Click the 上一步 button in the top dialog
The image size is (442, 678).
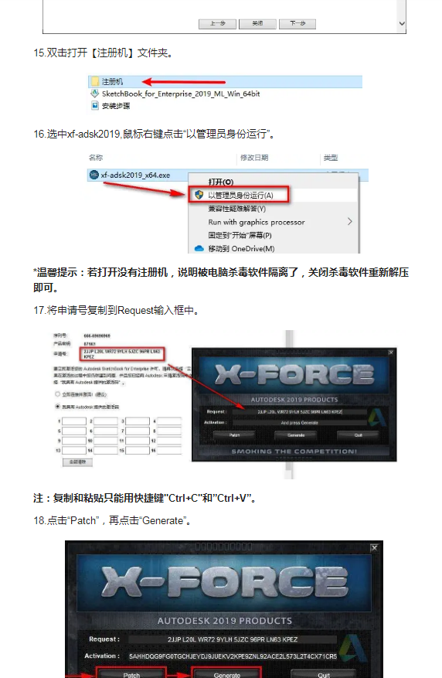coord(217,24)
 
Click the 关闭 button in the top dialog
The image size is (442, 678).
coord(257,24)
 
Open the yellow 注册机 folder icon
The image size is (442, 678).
coord(95,81)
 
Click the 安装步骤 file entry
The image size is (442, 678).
coord(116,105)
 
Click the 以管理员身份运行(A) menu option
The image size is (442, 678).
coord(240,195)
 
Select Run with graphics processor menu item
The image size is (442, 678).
coord(246,222)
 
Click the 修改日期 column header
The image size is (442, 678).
coord(254,158)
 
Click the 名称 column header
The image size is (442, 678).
coord(96,158)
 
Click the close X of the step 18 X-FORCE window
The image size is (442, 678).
coord(375,547)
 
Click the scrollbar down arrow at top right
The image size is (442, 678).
coord(402,24)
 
